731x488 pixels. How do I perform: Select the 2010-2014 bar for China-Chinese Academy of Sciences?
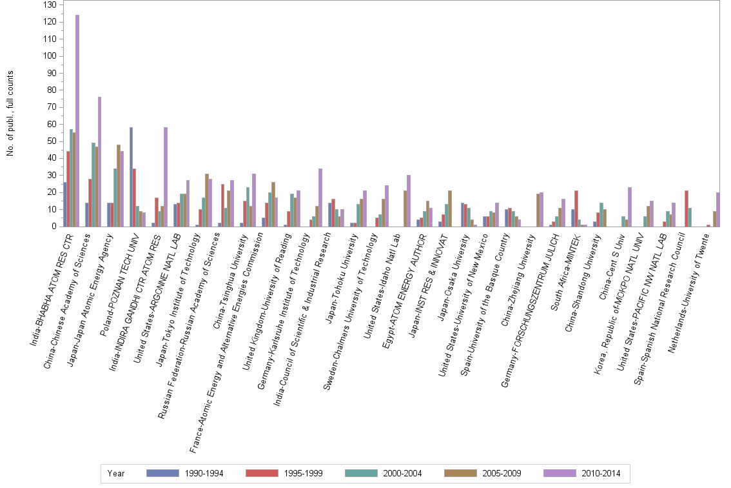click(x=99, y=161)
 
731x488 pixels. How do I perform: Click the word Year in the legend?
click(x=117, y=473)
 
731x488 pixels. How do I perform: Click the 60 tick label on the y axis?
click(x=52, y=124)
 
